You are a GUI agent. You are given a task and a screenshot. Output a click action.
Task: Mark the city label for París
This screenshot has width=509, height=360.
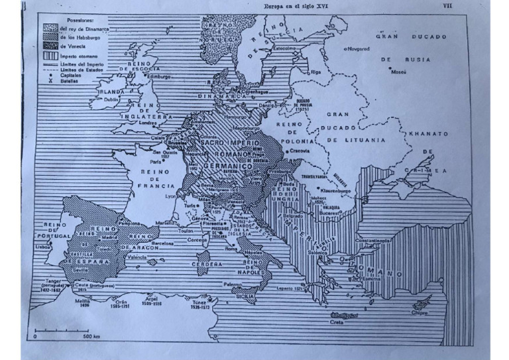[x=156, y=161]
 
